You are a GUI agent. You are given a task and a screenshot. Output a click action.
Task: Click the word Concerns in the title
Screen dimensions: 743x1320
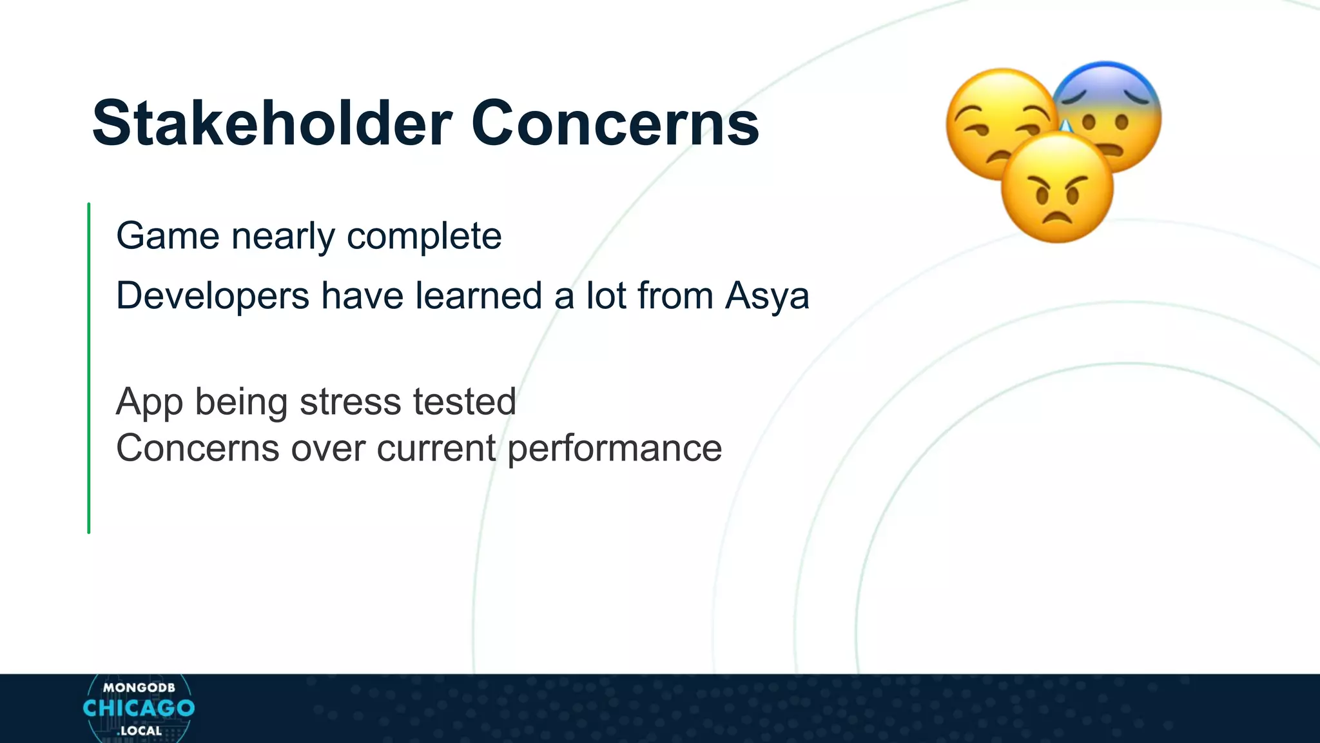(615, 123)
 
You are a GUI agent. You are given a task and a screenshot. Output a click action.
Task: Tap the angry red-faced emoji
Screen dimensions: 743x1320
(1057, 188)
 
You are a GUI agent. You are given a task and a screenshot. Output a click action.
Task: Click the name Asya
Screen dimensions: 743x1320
(767, 296)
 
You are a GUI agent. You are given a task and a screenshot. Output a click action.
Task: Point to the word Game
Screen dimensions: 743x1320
(168, 236)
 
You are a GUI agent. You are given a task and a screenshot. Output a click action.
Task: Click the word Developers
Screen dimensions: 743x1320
(213, 296)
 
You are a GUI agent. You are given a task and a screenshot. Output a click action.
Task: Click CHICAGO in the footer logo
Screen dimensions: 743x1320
(139, 708)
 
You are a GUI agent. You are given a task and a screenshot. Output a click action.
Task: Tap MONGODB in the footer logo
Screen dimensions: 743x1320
(139, 688)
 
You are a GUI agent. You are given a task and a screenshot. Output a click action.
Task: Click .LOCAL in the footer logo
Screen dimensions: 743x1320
(139, 731)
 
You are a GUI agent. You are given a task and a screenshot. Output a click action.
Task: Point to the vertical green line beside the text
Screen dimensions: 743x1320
(89, 368)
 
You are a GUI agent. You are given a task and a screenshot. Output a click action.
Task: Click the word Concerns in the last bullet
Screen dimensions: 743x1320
(197, 449)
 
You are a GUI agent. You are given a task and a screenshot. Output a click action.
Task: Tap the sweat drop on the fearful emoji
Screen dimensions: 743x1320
(1065, 127)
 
